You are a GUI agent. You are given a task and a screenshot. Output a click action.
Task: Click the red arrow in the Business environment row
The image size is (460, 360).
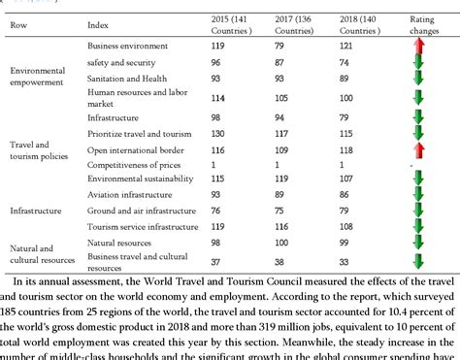pos(418,45)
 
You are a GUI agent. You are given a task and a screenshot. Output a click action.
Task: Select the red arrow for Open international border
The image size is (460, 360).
pos(418,149)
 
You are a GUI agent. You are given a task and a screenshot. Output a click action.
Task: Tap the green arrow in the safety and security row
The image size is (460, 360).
pos(418,62)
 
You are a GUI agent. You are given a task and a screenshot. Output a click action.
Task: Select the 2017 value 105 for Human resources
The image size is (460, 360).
pos(281,97)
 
